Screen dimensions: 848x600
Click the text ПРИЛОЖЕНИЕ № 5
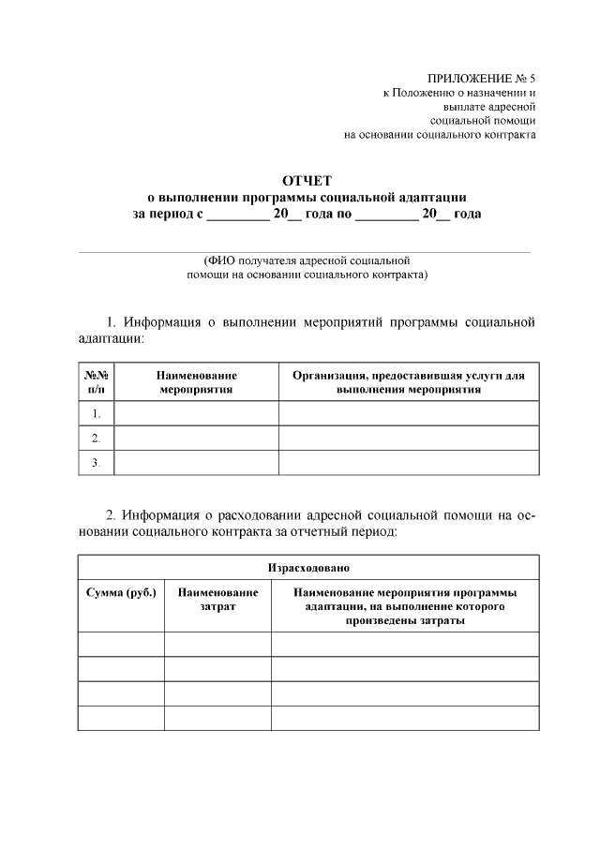(x=481, y=79)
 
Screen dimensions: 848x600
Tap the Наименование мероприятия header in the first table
(x=196, y=381)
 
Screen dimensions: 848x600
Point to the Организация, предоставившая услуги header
(x=408, y=381)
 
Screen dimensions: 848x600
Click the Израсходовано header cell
(x=308, y=568)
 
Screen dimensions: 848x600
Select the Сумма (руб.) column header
(x=121, y=593)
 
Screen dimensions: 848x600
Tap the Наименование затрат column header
(x=217, y=600)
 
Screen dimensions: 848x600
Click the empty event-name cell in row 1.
(x=196, y=413)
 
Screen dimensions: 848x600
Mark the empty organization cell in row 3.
(x=408, y=462)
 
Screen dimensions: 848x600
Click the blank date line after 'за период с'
(x=236, y=216)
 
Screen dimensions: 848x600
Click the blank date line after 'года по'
(x=386, y=216)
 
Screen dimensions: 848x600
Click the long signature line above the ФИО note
(x=305, y=251)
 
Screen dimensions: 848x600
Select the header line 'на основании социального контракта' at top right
(x=440, y=135)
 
